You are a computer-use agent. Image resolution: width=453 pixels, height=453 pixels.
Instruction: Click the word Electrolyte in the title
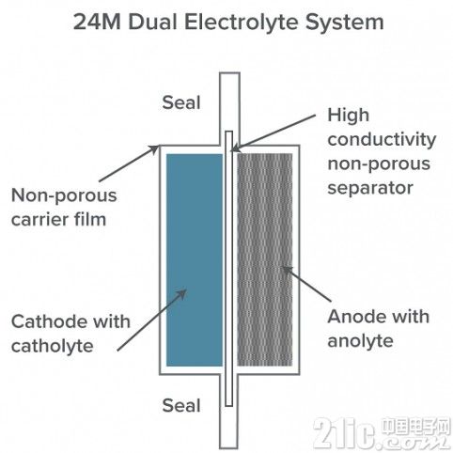click(242, 23)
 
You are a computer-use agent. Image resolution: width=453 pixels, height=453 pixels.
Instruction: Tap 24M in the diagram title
click(98, 23)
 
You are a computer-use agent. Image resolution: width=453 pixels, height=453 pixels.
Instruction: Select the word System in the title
click(345, 23)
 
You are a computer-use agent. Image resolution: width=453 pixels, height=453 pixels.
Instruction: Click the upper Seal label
click(181, 102)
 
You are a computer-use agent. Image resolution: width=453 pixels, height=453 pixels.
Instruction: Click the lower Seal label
click(181, 405)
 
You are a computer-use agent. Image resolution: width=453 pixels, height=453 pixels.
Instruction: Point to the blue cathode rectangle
click(195, 259)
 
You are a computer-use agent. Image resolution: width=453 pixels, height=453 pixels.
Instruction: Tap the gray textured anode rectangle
click(265, 259)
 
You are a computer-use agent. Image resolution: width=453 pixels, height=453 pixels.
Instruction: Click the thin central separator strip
click(229, 269)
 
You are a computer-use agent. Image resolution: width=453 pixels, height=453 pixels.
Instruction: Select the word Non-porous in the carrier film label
click(64, 196)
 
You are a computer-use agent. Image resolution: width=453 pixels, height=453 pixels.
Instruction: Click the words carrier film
click(58, 219)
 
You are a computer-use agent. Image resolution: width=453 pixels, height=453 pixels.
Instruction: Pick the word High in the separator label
click(349, 117)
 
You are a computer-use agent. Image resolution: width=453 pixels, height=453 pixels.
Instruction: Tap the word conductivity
click(382, 140)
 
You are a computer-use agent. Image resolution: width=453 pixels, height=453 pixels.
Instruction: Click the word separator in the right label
click(370, 189)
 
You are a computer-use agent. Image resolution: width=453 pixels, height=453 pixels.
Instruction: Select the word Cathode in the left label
click(43, 321)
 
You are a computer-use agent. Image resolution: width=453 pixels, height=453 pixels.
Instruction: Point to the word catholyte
click(53, 347)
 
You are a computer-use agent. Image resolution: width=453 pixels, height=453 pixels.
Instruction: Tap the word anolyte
click(360, 342)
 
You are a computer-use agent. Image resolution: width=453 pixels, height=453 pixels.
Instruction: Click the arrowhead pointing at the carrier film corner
click(154, 149)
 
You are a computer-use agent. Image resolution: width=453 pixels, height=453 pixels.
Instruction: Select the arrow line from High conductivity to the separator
click(273, 133)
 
